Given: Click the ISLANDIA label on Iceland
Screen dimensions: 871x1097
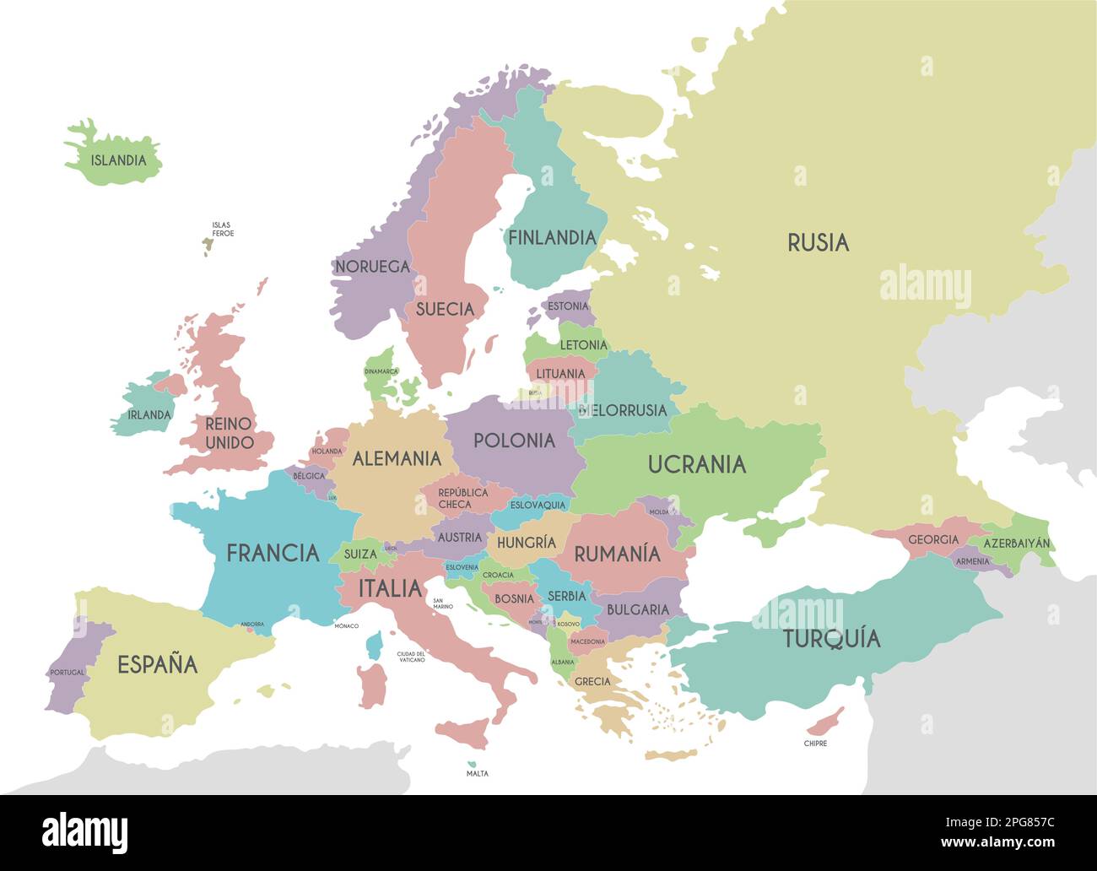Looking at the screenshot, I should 118,160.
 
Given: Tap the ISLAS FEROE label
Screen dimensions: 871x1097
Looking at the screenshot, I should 223,230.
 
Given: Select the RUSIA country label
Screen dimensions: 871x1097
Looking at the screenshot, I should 818,243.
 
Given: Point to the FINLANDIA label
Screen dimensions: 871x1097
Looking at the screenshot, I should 552,238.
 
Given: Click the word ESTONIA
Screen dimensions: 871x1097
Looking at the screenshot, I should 568,306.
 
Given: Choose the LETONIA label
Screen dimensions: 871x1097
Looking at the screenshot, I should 583,345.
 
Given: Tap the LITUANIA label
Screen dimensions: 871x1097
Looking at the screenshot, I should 560,374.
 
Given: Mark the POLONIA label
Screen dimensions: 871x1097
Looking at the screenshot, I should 514,441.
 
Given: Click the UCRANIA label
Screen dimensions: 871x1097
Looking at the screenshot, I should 697,464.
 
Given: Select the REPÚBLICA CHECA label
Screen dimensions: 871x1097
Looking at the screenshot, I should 462,498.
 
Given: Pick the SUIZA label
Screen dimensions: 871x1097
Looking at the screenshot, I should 360,555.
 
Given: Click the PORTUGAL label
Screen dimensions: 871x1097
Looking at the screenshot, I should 68,673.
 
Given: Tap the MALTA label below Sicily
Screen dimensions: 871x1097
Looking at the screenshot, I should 477,773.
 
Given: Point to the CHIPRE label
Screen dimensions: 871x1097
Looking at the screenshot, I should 815,744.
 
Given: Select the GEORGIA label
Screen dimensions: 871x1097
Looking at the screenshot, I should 933,540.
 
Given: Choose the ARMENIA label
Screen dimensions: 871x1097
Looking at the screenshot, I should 972,561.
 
